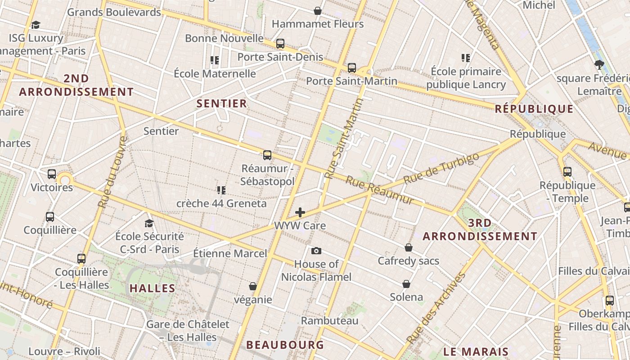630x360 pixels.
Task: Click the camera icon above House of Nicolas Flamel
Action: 316,251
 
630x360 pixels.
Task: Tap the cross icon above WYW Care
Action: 300,212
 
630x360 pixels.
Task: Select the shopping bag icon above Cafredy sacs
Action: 409,247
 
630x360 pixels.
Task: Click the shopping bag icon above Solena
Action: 406,284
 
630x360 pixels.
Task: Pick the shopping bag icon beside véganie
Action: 253,286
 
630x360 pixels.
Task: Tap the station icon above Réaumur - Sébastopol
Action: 267,155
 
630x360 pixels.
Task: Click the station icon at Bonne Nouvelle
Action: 280,44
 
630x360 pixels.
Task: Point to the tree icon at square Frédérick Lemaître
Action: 599,65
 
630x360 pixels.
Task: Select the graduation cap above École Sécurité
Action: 149,223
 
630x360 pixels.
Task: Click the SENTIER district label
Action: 222,103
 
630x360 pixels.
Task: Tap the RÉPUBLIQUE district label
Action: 534,109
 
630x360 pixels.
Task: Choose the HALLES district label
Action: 153,288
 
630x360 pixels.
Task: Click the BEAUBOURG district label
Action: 285,345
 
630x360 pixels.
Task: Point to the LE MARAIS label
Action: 476,352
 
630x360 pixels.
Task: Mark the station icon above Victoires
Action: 52,174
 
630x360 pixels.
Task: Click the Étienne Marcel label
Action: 230,253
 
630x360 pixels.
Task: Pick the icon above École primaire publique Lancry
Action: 466,58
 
